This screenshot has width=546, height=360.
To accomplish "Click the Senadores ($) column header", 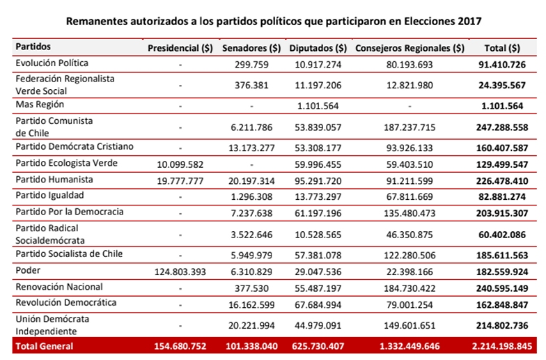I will tap(251, 48).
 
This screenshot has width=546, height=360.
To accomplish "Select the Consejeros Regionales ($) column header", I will tap(409, 48).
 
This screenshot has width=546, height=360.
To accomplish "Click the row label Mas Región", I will tap(40, 104).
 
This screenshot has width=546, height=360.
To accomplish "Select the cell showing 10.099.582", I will tap(180, 164).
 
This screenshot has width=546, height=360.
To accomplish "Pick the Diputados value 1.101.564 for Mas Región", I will tap(318, 105).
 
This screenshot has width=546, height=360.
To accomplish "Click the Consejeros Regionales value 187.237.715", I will tap(409, 128).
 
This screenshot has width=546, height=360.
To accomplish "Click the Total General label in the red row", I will tap(45, 346).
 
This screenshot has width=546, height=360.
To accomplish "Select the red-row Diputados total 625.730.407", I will tap(318, 346).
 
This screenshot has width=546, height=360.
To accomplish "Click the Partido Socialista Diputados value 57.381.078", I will tap(318, 254).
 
